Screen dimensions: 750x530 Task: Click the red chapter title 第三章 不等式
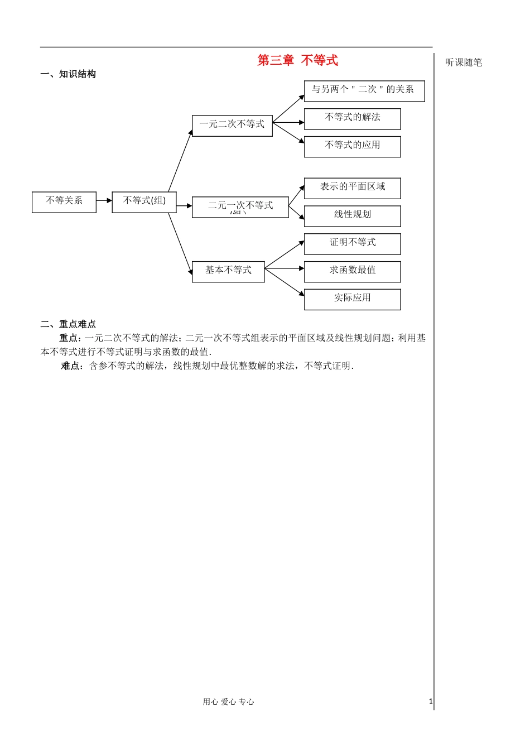tap(297, 60)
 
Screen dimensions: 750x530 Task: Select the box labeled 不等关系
tap(64, 201)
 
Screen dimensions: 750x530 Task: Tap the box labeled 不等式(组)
tap(144, 201)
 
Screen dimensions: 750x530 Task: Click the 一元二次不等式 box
tap(232, 125)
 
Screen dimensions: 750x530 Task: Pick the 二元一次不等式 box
tap(240, 206)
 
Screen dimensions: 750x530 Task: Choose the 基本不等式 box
tap(228, 271)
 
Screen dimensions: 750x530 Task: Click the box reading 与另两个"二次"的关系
tap(364, 90)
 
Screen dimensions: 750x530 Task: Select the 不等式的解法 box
tap(353, 118)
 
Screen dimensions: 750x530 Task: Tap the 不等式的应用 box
tap(353, 146)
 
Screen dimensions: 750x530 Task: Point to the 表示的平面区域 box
tap(353, 188)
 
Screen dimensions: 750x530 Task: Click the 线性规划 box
tap(353, 215)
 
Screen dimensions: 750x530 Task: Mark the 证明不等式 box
tap(353, 243)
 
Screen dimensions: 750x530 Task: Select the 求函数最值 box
tap(353, 271)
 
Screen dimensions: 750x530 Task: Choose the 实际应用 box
tap(353, 299)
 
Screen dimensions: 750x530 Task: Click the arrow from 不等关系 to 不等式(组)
tap(104, 200)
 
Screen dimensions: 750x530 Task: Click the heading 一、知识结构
tap(68, 74)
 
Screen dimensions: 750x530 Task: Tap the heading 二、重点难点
tap(68, 324)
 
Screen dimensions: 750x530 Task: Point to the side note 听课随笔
tap(464, 62)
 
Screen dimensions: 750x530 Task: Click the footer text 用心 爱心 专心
tap(228, 702)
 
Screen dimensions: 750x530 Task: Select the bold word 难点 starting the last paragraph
tap(72, 366)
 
